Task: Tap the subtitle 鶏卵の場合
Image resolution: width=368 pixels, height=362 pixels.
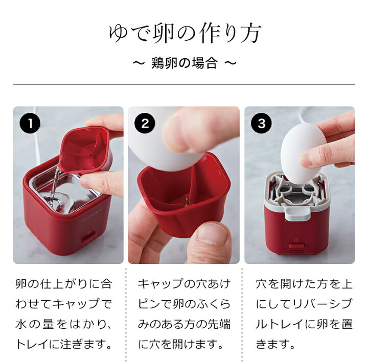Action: [184, 64]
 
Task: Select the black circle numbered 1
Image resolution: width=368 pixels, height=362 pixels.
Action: [30, 124]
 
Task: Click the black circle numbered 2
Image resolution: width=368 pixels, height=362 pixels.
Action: [145, 124]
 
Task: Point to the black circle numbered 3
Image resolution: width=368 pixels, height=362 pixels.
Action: [261, 124]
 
